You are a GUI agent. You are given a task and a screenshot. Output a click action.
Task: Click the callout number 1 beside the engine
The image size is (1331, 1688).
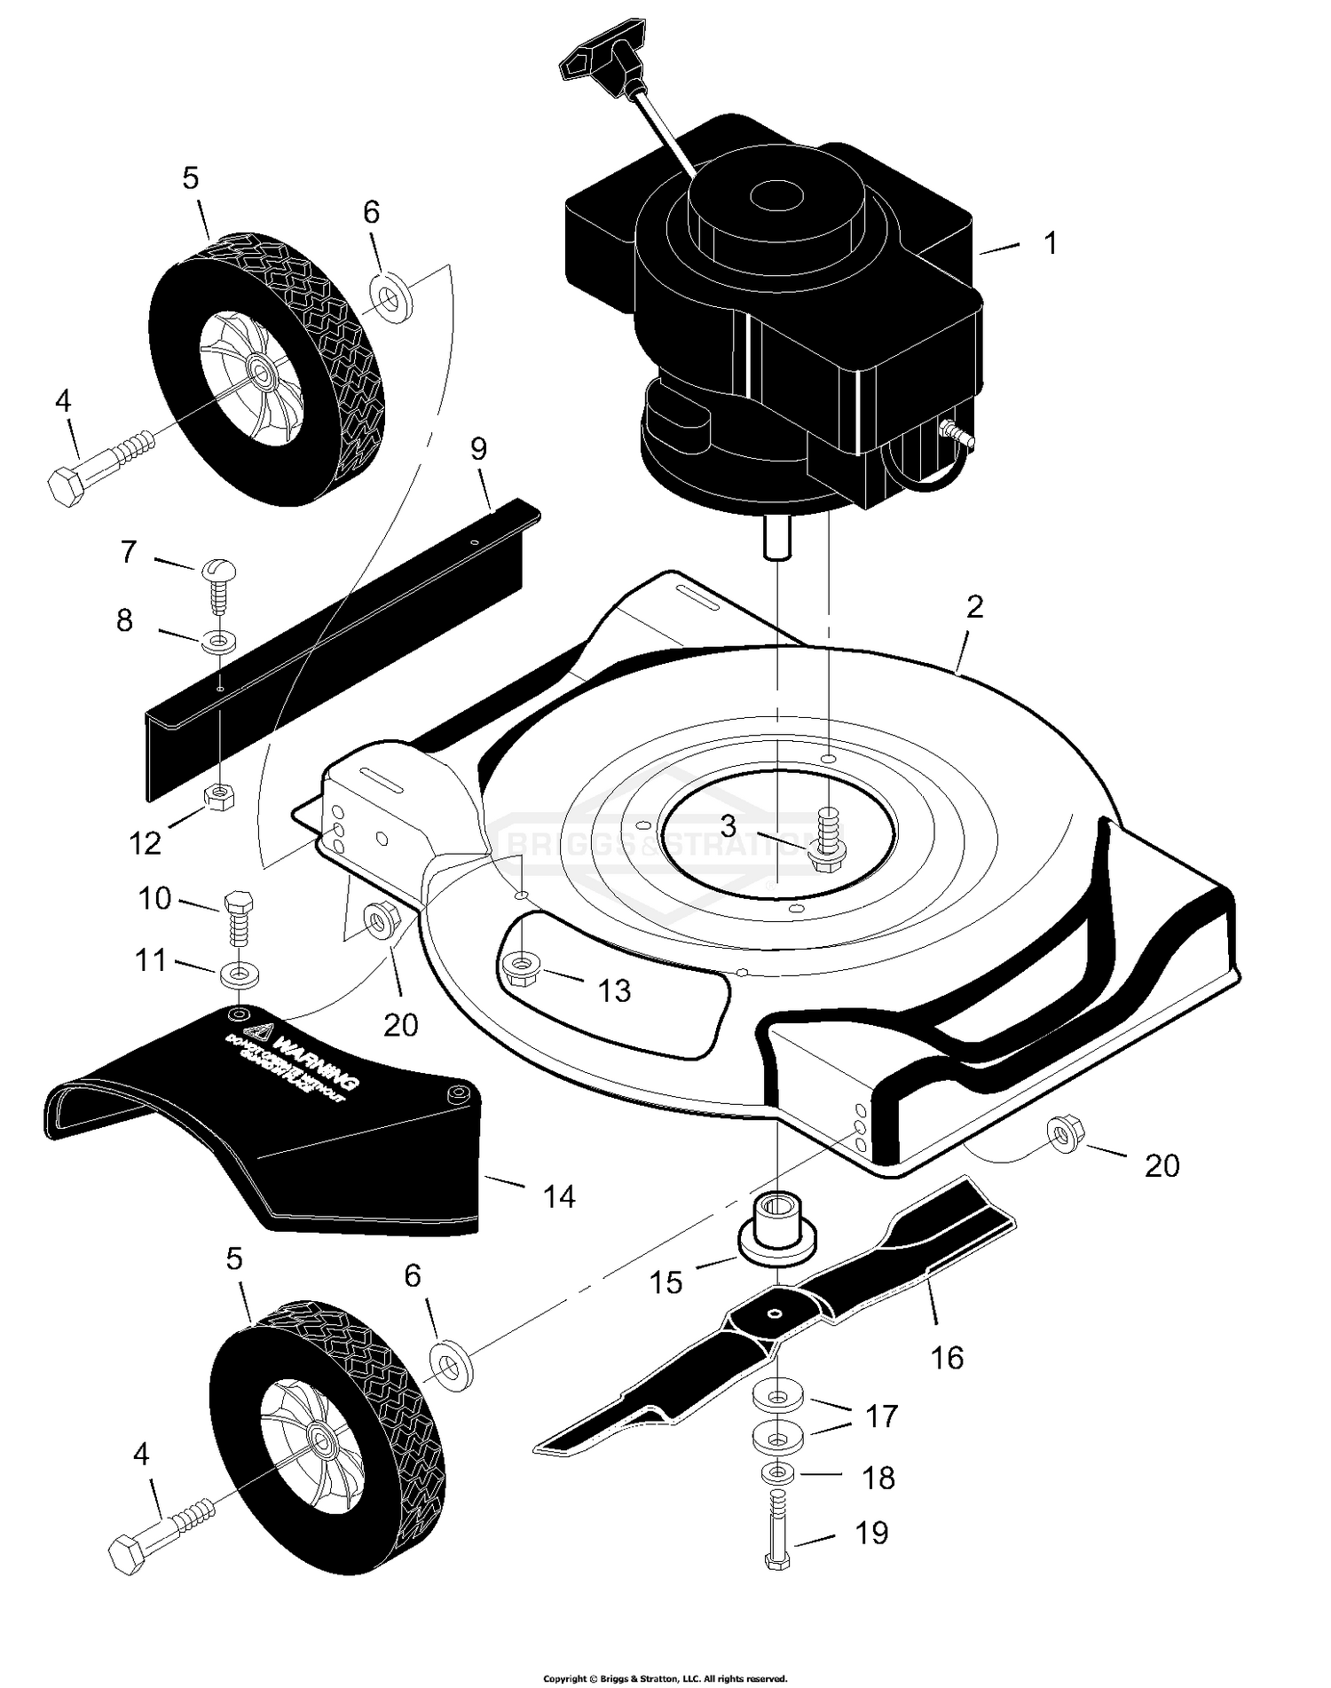click(x=1051, y=243)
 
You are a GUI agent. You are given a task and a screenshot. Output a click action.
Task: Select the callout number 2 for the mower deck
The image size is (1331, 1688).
click(x=974, y=607)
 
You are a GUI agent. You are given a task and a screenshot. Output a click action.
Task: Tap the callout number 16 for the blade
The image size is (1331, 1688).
click(x=947, y=1357)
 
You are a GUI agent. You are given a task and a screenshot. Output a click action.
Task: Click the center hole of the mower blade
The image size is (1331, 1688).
click(x=776, y=1315)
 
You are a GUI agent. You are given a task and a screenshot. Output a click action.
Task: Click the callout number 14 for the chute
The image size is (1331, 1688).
click(x=559, y=1197)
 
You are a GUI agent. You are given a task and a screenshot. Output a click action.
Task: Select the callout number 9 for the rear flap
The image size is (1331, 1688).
click(x=478, y=448)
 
